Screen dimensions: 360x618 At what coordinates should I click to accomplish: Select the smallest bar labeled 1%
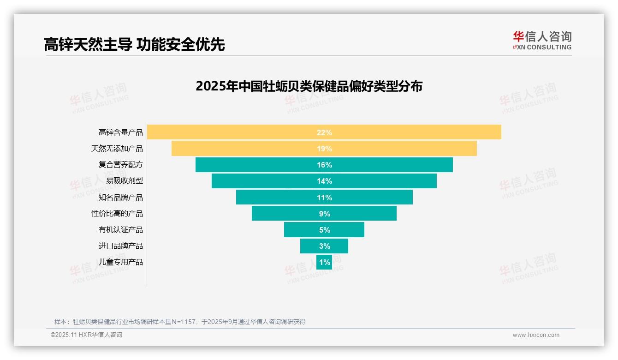[x=324, y=262]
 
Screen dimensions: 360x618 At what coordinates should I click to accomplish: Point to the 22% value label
[x=324, y=132]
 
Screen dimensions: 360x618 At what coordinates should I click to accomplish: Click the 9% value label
[x=324, y=214]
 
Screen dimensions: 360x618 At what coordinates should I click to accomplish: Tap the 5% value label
[x=324, y=230]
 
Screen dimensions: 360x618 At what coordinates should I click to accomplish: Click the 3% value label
[x=324, y=246]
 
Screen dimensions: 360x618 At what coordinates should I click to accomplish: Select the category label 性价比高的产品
[x=117, y=214]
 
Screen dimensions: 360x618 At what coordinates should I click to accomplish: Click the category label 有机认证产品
[x=120, y=230]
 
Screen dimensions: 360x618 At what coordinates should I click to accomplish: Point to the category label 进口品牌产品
[x=120, y=246]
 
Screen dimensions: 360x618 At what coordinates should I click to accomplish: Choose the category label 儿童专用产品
[x=120, y=262]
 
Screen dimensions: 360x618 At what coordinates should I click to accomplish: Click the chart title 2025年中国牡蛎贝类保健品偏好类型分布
[x=309, y=86]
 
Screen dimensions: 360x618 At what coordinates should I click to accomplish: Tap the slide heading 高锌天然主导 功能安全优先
[x=134, y=45]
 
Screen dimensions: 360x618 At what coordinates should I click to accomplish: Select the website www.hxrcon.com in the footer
[x=536, y=335]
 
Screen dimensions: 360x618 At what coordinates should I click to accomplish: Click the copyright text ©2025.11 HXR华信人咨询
[x=86, y=335]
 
